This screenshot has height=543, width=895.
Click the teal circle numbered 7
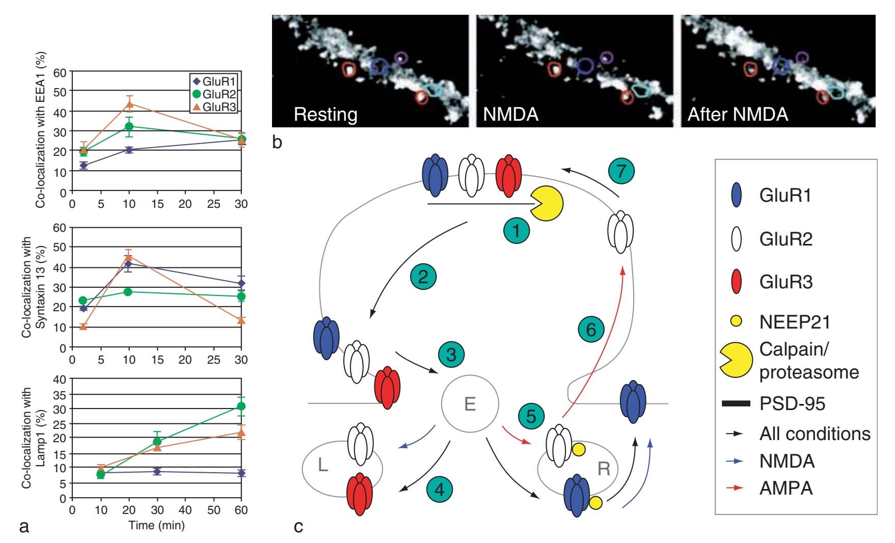tap(621, 171)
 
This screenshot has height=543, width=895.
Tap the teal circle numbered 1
tap(517, 231)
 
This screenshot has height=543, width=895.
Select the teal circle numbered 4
tap(439, 490)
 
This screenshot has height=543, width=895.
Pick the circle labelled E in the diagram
tap(469, 404)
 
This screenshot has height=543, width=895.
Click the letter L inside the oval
tap(322, 465)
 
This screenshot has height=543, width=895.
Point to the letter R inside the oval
tap(604, 468)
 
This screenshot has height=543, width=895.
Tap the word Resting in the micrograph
tap(326, 115)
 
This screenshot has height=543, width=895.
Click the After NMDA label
tap(738, 115)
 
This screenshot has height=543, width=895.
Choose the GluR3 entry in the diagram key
tap(786, 282)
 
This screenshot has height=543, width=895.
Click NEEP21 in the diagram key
tap(795, 322)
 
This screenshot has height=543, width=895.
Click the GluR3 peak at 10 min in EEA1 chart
tap(129, 105)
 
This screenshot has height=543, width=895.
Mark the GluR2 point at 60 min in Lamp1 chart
tap(241, 406)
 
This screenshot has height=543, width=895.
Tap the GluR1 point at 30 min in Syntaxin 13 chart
tap(241, 283)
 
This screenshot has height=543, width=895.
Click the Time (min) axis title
tap(156, 525)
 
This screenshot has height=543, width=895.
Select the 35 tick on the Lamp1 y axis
tap(60, 394)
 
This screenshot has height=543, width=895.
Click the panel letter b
tap(277, 142)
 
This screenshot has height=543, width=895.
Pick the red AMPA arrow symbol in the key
tap(736, 488)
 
